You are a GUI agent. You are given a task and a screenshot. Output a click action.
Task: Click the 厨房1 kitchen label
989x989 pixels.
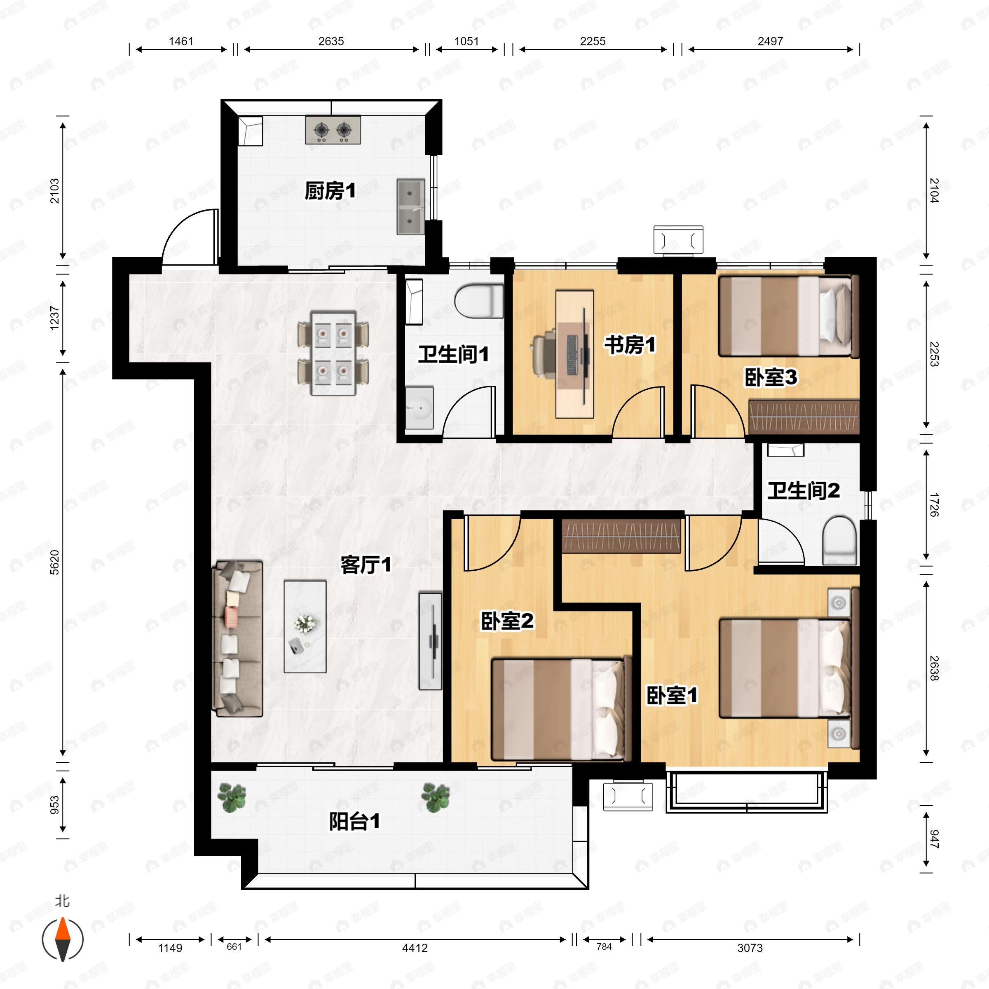click(x=330, y=191)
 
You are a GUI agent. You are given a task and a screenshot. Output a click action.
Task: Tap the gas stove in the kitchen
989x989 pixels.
click(x=333, y=130)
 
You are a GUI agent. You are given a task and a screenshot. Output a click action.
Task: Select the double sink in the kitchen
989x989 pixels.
click(x=410, y=207)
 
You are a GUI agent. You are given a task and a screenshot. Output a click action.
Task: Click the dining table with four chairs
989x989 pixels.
click(x=333, y=353)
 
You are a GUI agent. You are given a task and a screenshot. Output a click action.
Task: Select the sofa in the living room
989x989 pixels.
click(x=237, y=638)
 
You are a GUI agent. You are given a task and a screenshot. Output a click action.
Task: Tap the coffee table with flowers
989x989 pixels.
click(x=305, y=626)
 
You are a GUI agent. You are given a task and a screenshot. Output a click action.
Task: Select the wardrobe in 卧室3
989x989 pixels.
click(x=804, y=417)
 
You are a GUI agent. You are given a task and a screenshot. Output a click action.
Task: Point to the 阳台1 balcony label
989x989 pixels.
click(x=354, y=822)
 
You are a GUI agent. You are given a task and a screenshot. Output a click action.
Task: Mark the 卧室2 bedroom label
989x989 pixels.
click(x=507, y=621)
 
